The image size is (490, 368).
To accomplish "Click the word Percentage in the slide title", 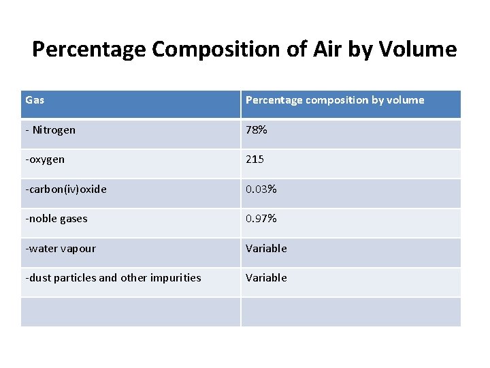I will (x=88, y=50).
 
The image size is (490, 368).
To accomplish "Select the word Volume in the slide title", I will (x=419, y=50).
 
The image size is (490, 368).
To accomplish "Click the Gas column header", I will (x=35, y=100).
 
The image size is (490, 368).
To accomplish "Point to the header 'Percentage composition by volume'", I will (x=334, y=100).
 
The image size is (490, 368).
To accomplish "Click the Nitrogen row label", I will (x=51, y=129).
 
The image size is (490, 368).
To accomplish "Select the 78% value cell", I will (x=257, y=129).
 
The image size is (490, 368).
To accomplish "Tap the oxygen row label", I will (x=45, y=159).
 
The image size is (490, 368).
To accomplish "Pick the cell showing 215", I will (x=255, y=159).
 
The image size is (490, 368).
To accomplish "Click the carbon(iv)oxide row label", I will (x=66, y=189).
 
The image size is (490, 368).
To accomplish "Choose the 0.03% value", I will (x=261, y=189).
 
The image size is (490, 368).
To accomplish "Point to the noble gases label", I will (x=56, y=219).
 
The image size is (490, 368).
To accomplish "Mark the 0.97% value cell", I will (x=261, y=219).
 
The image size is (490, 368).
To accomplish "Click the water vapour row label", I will (x=61, y=248).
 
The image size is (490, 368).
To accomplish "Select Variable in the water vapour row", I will (x=266, y=248).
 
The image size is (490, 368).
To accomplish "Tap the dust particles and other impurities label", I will (x=113, y=277).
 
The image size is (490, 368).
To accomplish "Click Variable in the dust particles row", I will (x=266, y=277).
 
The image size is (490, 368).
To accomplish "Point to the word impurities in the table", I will (x=176, y=277).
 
